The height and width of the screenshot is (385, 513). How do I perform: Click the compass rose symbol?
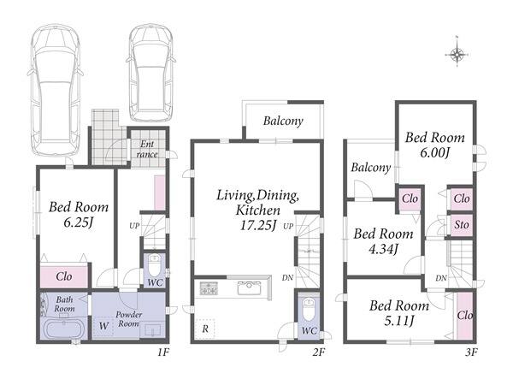(x=457, y=54)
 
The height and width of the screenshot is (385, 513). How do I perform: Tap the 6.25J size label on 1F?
(x=79, y=223)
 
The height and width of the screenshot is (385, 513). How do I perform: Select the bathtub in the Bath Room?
(x=65, y=329)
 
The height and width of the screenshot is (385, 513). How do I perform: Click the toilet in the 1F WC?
(x=154, y=265)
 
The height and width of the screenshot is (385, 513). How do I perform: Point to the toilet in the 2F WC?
(x=309, y=310)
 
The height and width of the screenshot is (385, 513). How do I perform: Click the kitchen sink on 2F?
(x=249, y=288)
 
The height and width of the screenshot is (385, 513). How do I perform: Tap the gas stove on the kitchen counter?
(x=209, y=288)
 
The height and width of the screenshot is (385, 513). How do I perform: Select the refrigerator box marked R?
(x=205, y=329)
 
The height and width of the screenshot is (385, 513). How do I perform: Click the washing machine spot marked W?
(x=103, y=326)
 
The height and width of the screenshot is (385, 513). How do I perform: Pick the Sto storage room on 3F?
(x=462, y=225)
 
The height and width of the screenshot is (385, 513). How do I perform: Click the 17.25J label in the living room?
(x=258, y=225)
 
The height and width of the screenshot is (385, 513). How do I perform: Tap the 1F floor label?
(x=163, y=352)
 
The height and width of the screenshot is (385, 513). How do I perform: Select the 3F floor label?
(x=471, y=352)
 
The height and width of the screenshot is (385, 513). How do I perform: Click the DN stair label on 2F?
(x=287, y=278)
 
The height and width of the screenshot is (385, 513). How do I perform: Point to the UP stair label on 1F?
(x=134, y=226)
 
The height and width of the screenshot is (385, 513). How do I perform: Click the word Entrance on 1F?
(x=147, y=149)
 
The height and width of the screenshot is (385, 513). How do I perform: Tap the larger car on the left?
(x=56, y=91)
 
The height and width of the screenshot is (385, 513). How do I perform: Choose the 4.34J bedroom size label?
(x=383, y=250)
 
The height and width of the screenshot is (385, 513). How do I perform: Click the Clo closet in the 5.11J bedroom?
(x=464, y=315)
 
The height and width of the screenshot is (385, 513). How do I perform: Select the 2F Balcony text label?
(x=283, y=121)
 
